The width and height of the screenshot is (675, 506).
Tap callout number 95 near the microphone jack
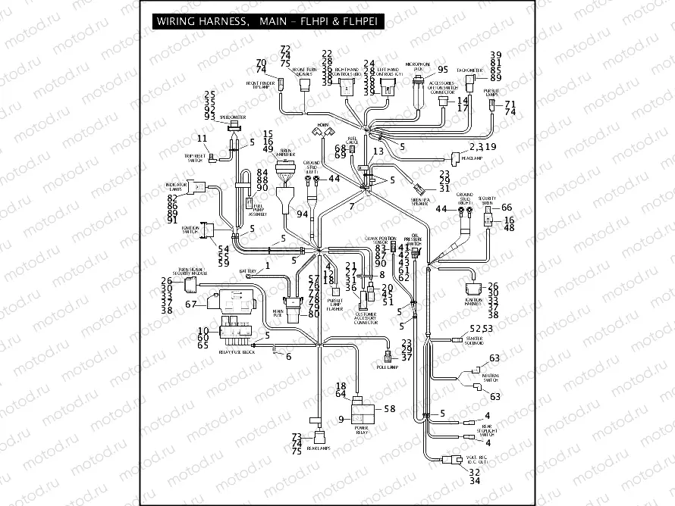click(443, 70)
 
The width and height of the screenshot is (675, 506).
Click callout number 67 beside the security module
click(191, 304)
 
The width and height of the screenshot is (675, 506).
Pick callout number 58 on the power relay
click(390, 409)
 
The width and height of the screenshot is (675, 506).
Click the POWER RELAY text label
click(362, 429)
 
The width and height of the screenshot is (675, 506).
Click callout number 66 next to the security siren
click(507, 208)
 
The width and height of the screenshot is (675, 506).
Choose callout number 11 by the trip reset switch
click(202, 138)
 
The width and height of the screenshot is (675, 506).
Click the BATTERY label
click(247, 270)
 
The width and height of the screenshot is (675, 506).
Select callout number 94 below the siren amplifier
click(303, 214)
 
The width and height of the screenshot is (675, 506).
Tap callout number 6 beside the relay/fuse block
click(288, 356)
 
